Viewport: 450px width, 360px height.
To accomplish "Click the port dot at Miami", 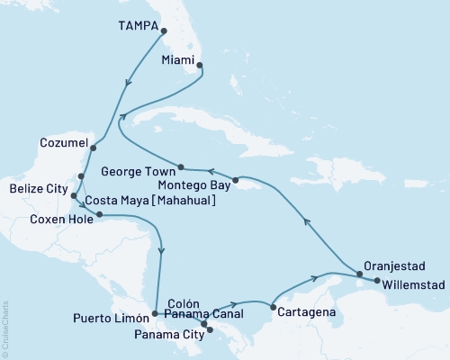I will [x=199, y=65].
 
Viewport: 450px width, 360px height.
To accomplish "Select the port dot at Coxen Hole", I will [x=98, y=215].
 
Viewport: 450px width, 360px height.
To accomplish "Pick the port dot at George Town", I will [x=181, y=167].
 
